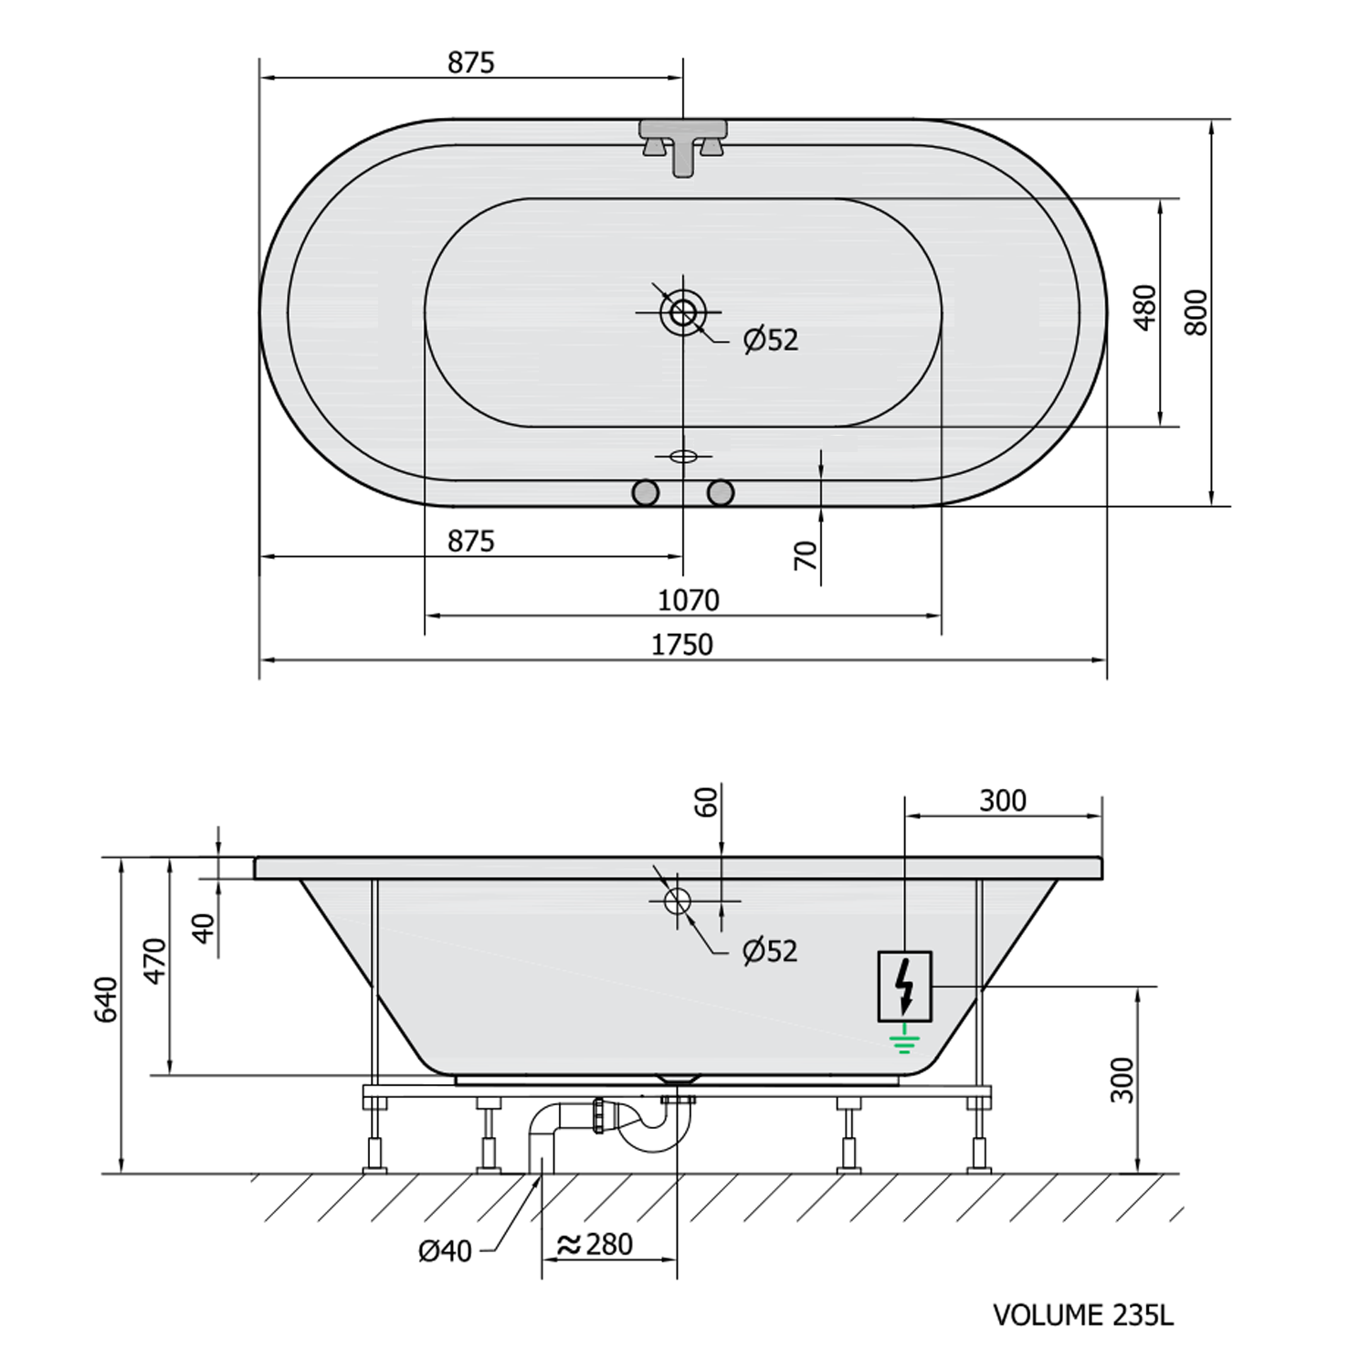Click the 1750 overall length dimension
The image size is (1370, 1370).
click(x=681, y=645)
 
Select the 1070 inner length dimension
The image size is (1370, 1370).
click(x=689, y=600)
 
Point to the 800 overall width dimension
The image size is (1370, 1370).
click(x=1196, y=312)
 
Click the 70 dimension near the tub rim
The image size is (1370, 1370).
click(x=806, y=554)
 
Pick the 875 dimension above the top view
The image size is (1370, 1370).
click(x=470, y=62)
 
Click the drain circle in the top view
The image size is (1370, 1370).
click(x=682, y=312)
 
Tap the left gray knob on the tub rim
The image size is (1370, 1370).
click(x=646, y=493)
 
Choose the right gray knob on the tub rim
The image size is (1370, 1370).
click(x=721, y=493)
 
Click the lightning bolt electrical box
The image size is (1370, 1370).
click(x=904, y=985)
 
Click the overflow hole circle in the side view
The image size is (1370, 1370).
click(x=677, y=901)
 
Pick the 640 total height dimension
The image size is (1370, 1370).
click(x=107, y=999)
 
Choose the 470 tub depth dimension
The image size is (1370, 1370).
click(x=155, y=959)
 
